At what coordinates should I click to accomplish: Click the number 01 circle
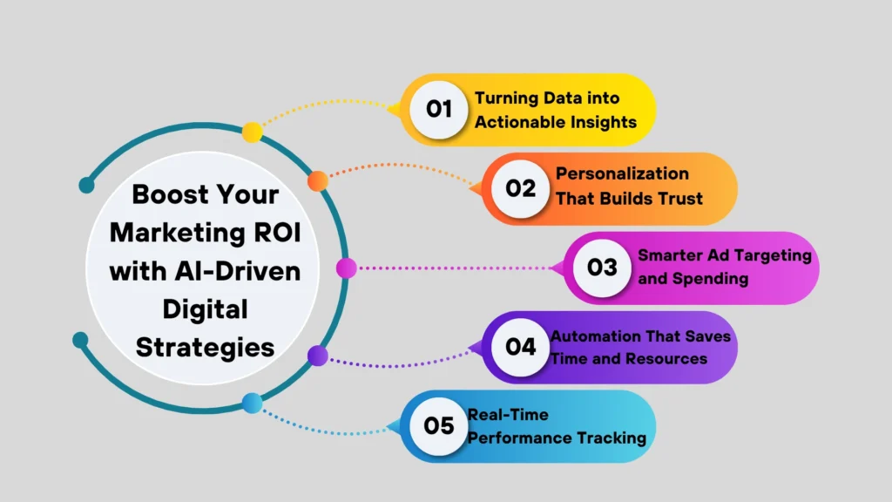pos(439,110)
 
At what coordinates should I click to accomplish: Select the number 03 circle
pos(602,268)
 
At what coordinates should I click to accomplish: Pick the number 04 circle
pos(521,347)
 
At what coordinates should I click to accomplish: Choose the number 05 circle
pos(439,426)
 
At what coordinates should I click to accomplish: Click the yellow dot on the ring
pos(252,132)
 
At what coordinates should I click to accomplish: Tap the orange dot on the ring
pos(318,180)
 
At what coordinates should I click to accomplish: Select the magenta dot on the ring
pos(346,268)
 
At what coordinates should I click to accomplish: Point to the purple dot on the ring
pos(318,356)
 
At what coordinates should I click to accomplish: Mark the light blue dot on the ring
pos(252,403)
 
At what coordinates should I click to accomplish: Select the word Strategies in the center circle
pos(206,347)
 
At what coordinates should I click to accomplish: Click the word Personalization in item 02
pos(622,173)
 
